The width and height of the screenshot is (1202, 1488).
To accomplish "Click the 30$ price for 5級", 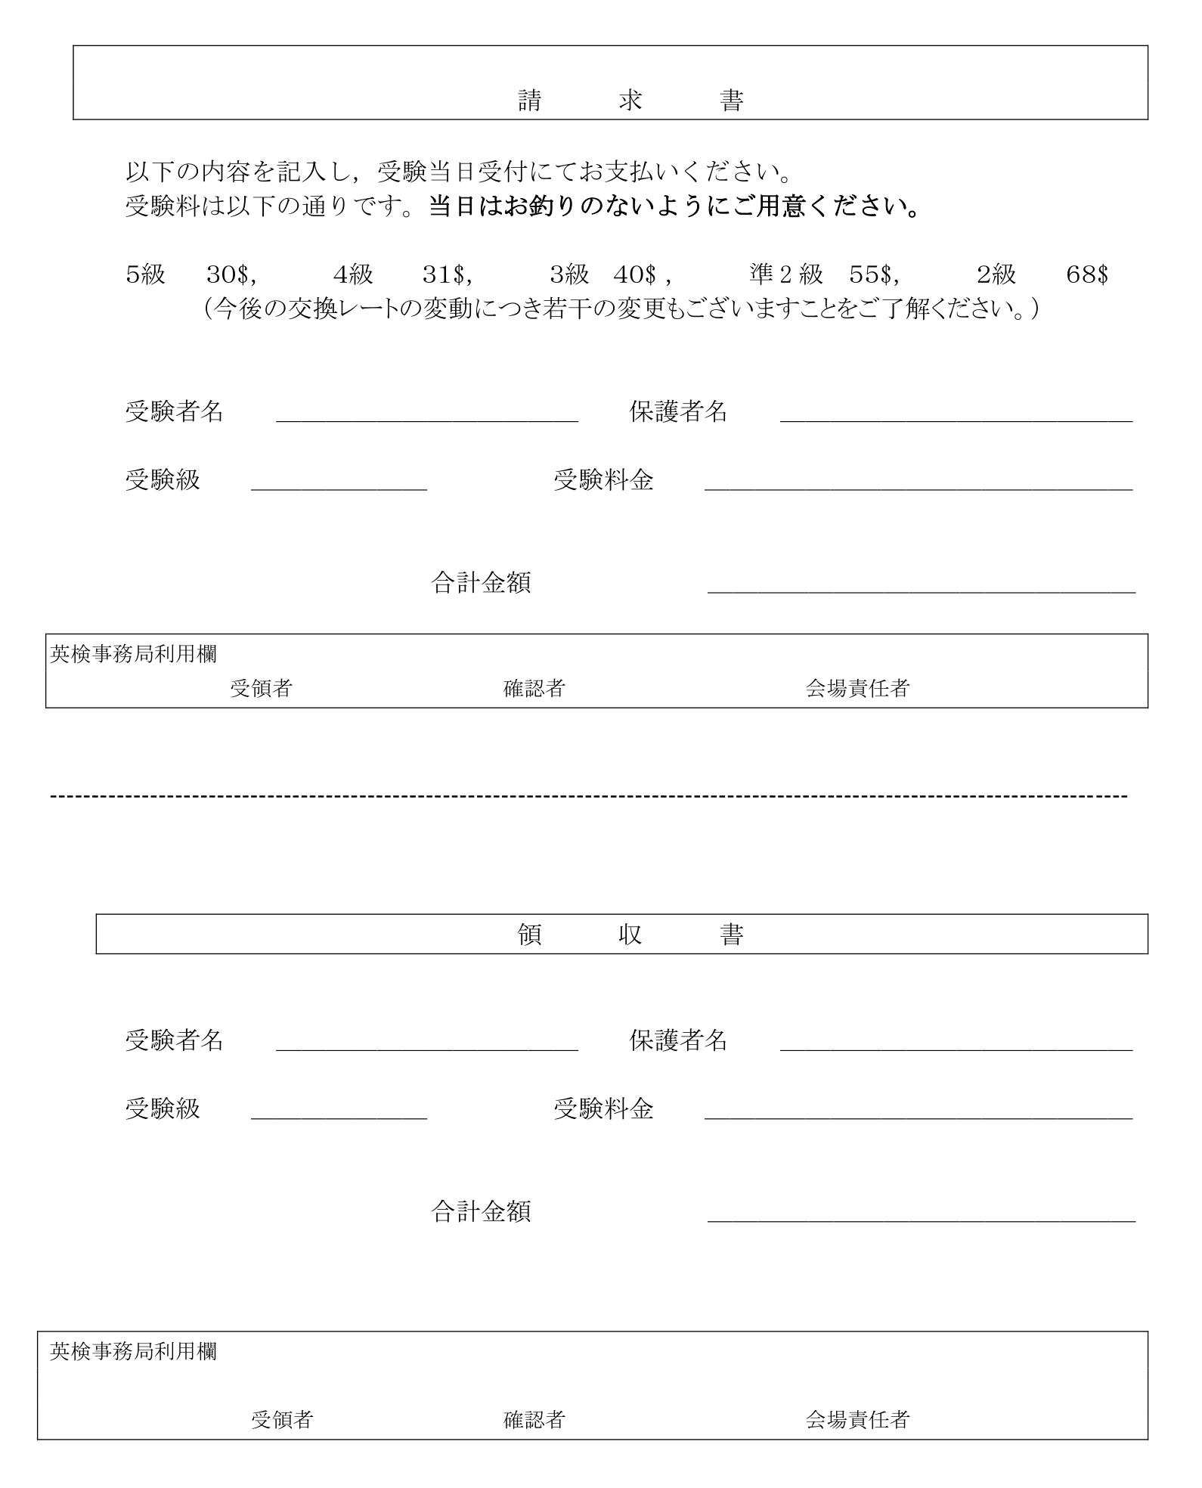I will tap(231, 274).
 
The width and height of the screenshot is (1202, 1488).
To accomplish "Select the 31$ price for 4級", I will tap(446, 274).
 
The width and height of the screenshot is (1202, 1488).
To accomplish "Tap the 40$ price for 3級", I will tap(637, 274).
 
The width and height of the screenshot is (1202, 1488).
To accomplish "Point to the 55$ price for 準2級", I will tap(872, 274).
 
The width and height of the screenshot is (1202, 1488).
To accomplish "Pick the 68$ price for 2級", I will tap(1086, 274).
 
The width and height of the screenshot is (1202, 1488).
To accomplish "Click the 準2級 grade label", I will tap(786, 274).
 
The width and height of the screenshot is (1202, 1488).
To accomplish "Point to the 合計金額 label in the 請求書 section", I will tap(481, 582).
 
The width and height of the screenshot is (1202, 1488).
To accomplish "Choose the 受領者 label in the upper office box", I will tap(262, 688).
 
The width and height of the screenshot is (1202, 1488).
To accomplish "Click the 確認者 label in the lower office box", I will tap(534, 1420).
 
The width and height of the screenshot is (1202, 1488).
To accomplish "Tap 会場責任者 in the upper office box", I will tap(857, 688).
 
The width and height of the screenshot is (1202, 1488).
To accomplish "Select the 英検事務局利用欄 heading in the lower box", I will tap(133, 1352).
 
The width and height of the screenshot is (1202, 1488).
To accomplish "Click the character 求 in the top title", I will tap(630, 101).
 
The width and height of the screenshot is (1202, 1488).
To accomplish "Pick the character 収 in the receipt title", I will tap(630, 935).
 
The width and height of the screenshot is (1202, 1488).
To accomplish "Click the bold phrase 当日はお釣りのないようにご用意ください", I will tap(674, 206).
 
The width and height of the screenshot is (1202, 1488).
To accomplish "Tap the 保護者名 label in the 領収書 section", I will tap(678, 1040).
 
